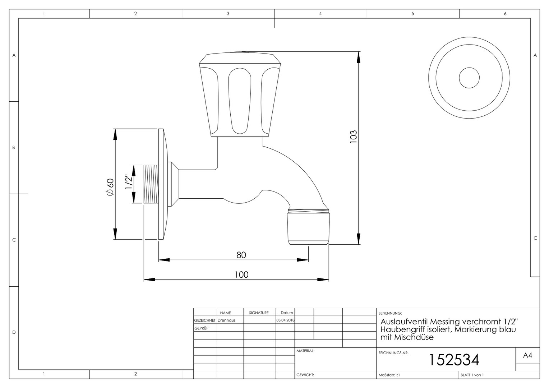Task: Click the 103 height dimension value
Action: [354, 137]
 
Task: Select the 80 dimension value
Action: [241, 255]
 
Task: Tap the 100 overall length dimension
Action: [241, 275]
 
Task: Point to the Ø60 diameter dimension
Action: [110, 187]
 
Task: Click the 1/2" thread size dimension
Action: [129, 182]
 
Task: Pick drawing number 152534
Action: [454, 360]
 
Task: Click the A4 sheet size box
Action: [527, 355]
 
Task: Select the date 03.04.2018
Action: [285, 320]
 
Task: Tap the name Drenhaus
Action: [226, 320]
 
